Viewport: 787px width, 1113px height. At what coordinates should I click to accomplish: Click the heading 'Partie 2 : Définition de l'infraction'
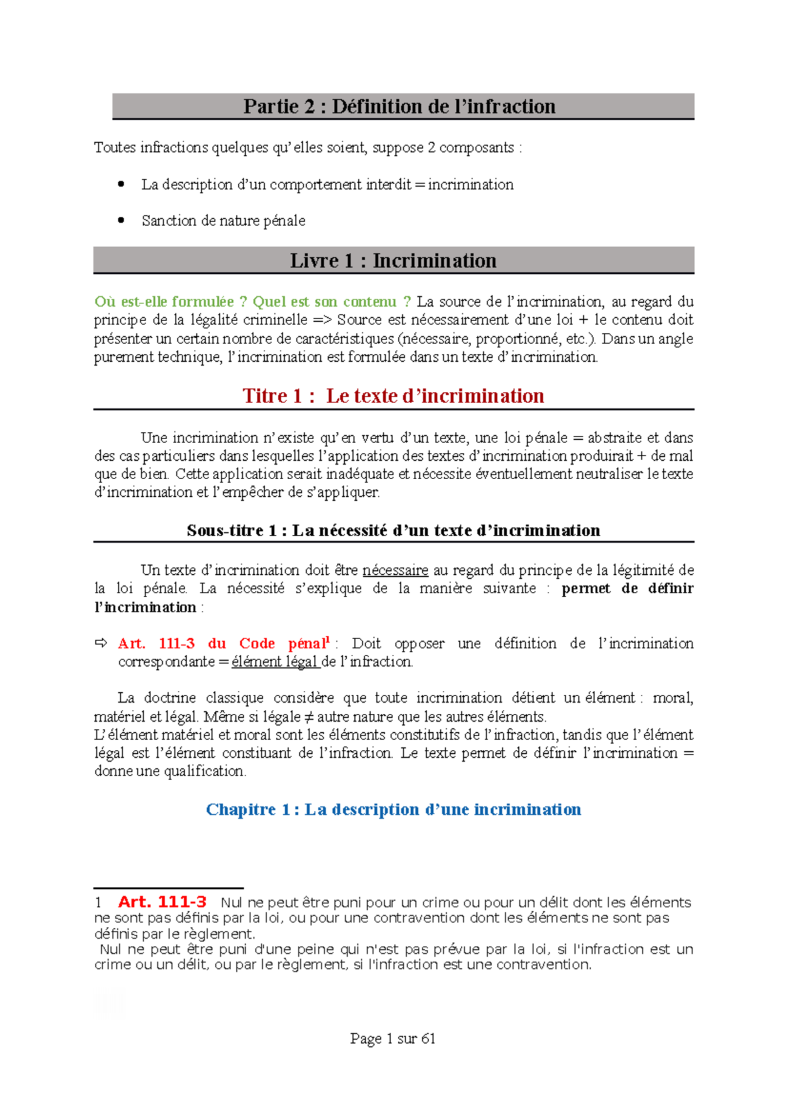[x=399, y=106]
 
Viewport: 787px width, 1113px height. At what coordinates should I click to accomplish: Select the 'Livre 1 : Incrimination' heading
[x=393, y=261]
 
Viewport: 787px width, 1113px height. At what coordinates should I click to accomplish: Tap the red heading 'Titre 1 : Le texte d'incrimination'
[x=393, y=396]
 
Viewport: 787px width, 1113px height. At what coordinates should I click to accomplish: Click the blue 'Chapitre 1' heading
[x=393, y=810]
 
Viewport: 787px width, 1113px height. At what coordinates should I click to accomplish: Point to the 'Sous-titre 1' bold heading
[x=393, y=530]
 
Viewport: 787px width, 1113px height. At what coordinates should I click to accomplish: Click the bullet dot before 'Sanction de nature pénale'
[x=121, y=220]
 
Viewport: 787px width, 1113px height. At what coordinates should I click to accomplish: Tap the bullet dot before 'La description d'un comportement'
[x=121, y=184]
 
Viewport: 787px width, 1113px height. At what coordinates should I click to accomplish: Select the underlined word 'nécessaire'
[x=395, y=570]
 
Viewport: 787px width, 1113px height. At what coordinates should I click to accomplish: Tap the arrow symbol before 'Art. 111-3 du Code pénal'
[x=101, y=643]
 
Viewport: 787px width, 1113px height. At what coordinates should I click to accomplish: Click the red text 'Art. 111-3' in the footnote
[x=162, y=902]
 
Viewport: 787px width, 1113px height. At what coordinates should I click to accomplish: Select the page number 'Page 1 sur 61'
[x=393, y=1038]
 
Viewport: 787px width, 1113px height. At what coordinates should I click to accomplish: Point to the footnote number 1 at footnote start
[x=98, y=903]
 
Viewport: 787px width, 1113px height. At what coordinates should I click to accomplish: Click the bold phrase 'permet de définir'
[x=627, y=589]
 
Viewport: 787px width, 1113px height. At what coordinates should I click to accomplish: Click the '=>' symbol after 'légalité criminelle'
[x=322, y=320]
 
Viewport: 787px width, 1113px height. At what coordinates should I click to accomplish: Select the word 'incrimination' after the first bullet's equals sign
[x=470, y=185]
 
